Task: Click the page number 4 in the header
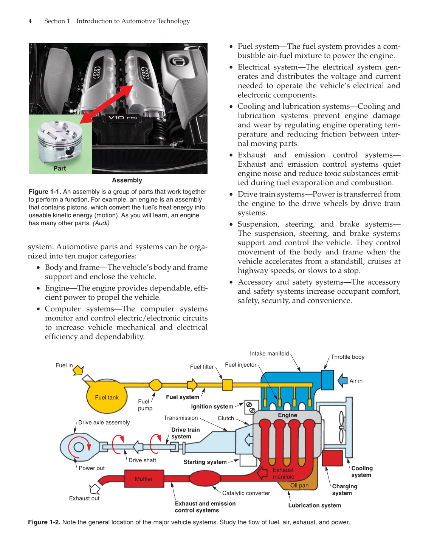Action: (30, 21)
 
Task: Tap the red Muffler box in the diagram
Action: (144, 479)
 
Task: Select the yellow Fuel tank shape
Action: (107, 397)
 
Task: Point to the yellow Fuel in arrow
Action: (79, 370)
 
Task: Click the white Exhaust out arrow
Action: (95, 489)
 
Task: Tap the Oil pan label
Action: (299, 485)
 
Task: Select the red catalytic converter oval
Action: (205, 478)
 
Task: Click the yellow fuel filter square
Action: (227, 385)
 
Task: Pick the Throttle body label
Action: (347, 357)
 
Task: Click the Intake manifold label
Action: (269, 353)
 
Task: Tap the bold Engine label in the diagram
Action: (287, 415)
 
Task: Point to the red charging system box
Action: (332, 458)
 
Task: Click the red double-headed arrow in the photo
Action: (107, 104)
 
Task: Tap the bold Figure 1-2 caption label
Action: (44, 522)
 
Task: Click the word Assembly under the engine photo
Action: (127, 180)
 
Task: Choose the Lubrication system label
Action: (315, 505)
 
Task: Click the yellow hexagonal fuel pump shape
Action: (155, 385)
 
